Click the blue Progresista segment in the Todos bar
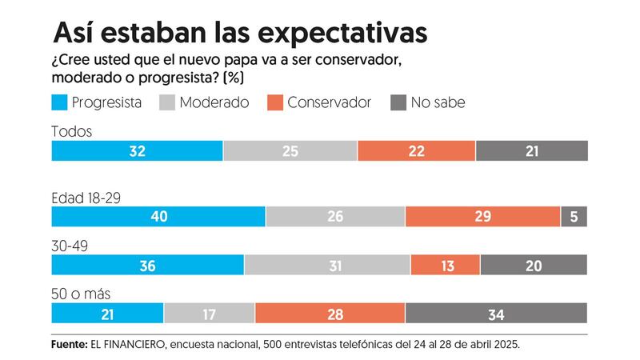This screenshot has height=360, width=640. (137, 150)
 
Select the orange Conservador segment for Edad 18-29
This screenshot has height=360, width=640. (482, 216)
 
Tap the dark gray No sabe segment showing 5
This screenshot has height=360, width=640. (574, 216)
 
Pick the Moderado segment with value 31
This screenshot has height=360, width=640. (327, 266)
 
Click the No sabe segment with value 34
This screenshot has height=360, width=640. (496, 314)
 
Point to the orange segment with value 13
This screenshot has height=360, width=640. (445, 266)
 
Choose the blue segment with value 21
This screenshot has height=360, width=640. (107, 314)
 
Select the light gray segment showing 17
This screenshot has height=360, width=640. (209, 314)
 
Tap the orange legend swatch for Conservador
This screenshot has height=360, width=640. (274, 102)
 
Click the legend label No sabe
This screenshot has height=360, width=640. (438, 102)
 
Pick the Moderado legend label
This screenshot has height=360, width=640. (214, 102)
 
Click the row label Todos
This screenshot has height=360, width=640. (71, 131)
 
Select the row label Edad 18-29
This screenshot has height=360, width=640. (87, 197)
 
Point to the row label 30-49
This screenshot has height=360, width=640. (69, 246)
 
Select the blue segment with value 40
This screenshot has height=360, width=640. (158, 216)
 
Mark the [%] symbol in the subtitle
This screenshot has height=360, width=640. (234, 78)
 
